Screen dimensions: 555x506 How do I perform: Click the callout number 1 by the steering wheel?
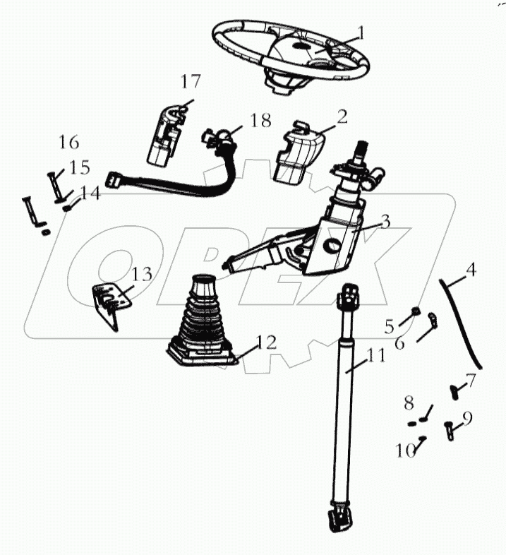point(361,32)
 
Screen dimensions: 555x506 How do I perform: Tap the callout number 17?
point(190,82)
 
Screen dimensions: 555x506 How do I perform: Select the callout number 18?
point(260,120)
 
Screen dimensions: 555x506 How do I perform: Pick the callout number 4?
point(471,269)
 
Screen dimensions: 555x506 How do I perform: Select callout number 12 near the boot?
point(266,342)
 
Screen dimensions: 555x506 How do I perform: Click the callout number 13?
point(142,274)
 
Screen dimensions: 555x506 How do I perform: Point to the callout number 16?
point(68,142)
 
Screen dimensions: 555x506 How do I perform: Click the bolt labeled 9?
point(450,429)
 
